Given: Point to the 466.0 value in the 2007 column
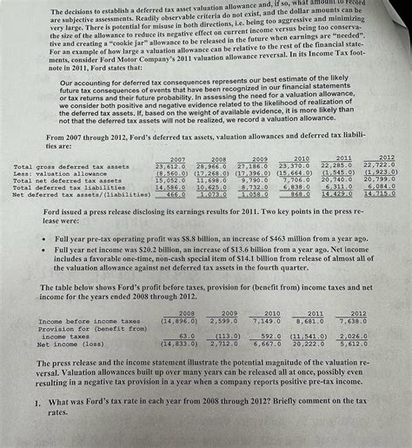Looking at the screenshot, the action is (x=176, y=194).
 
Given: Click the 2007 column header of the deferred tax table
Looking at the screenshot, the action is (x=177, y=158).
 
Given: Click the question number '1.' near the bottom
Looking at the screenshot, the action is (x=39, y=403).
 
